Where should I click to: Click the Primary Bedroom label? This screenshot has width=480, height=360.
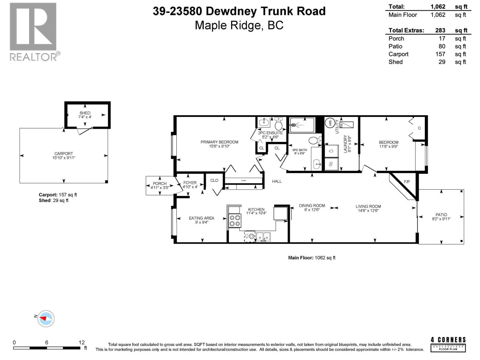click(219, 142)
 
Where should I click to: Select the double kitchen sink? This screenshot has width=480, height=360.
click(263, 237)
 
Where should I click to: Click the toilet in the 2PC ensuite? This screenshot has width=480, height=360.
click(279, 124)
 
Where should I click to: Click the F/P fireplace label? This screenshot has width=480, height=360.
click(407, 182)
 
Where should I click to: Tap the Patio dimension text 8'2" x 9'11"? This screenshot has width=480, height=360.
click(441, 219)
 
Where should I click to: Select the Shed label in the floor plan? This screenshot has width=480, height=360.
click(85, 113)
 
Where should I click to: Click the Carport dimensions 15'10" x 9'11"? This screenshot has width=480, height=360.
click(64, 157)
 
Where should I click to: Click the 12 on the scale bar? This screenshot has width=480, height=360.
click(82, 343)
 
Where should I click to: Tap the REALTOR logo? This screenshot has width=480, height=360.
click(34, 31)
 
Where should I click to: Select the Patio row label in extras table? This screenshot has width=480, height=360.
click(395, 46)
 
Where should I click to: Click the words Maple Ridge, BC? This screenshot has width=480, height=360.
click(239, 25)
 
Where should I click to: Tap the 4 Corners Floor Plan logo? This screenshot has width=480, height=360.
click(448, 344)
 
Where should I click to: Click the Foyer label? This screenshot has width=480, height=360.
click(190, 183)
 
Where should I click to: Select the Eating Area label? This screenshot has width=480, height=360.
click(201, 218)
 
